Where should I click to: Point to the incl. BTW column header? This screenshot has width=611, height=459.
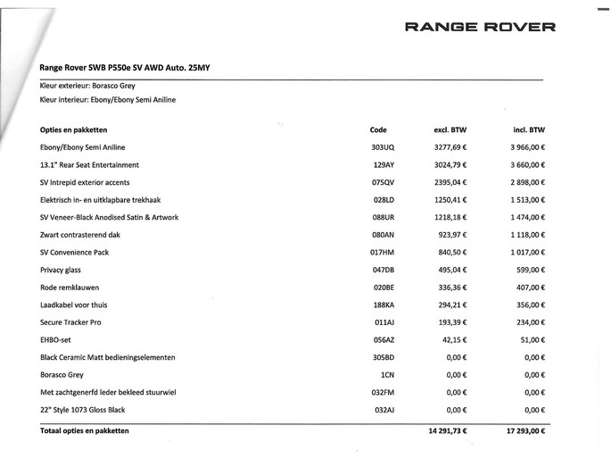tap(530, 129)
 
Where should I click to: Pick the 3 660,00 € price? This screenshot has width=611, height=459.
tap(525, 164)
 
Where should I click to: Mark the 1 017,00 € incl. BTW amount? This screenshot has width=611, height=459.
tap(525, 252)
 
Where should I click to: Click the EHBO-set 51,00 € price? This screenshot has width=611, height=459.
tap(532, 338)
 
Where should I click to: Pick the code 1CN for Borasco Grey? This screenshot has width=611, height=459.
tap(386, 374)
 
